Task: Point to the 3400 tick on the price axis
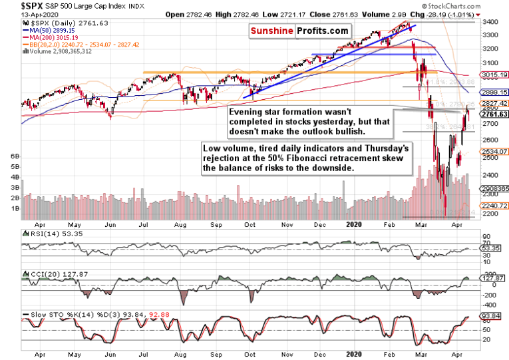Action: coord(491,22)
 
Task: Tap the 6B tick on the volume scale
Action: coord(14,154)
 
